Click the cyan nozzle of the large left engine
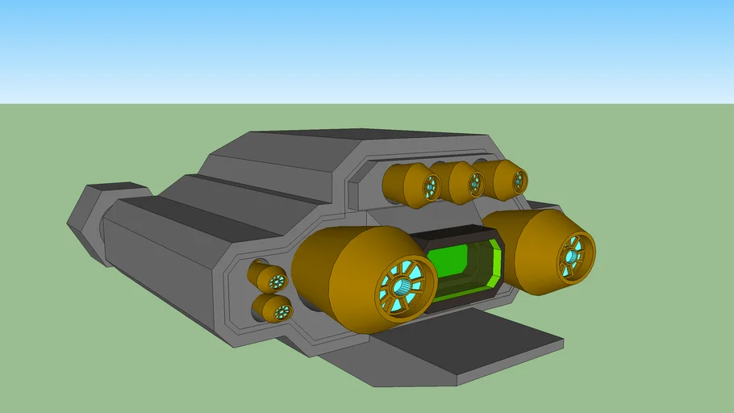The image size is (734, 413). click(405, 286)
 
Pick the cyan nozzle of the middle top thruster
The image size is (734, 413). click(474, 184)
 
